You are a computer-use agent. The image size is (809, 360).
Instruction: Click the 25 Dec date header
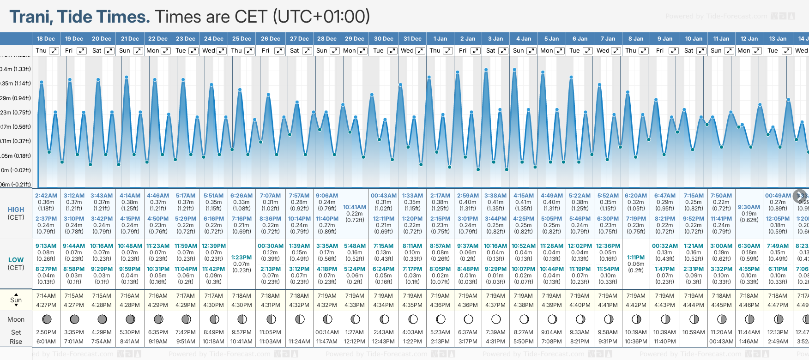point(241,39)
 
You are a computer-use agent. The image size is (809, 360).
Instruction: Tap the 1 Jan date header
point(440,39)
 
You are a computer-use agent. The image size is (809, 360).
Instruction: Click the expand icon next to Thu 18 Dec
point(54,51)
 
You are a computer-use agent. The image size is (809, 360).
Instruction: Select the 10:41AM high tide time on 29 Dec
point(355,207)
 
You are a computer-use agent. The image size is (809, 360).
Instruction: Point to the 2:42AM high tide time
point(46,196)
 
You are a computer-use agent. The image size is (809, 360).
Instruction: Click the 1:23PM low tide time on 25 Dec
point(241,258)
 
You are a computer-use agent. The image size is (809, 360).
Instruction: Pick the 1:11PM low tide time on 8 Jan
point(636,258)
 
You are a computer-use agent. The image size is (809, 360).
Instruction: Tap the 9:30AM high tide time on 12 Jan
point(749,207)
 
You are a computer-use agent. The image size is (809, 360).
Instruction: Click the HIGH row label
point(16,210)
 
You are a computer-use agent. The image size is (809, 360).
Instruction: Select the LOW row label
point(16,260)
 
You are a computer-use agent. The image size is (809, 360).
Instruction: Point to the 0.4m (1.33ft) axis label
point(16,69)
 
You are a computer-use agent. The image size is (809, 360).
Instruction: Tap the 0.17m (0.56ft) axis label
point(16,127)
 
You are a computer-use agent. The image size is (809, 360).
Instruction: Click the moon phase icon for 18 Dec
point(46,319)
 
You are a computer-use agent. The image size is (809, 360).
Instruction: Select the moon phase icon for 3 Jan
point(496,319)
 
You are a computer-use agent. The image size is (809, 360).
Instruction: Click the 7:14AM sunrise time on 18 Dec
point(46,296)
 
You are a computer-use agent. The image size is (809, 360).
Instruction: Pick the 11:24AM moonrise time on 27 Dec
point(299,342)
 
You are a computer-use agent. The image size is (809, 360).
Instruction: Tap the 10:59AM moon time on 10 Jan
point(693,332)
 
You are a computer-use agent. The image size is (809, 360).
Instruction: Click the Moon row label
point(16,319)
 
